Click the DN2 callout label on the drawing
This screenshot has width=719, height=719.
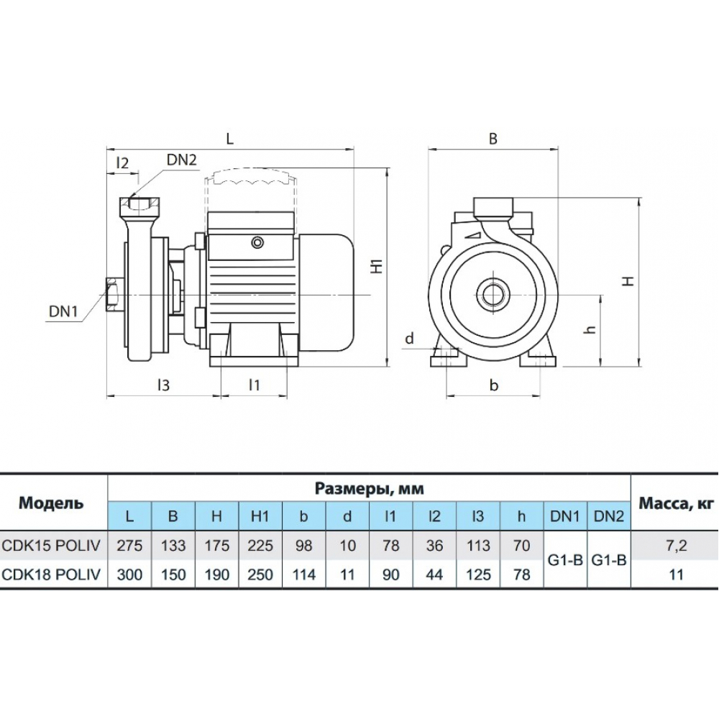click(x=182, y=160)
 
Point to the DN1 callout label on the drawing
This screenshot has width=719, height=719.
click(x=64, y=311)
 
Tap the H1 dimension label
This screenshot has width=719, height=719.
click(x=375, y=267)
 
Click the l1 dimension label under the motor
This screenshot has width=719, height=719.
click(x=253, y=385)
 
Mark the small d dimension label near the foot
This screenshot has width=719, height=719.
click(x=409, y=337)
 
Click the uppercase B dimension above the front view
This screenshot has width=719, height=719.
click(x=493, y=139)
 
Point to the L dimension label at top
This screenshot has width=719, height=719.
click(x=229, y=139)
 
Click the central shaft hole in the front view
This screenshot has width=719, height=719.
click(x=493, y=294)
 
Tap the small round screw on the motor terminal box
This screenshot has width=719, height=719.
click(x=257, y=243)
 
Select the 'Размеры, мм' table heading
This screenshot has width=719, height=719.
click(x=369, y=489)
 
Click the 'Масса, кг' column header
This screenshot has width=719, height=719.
click(x=674, y=503)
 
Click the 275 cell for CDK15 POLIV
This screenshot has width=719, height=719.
click(x=129, y=546)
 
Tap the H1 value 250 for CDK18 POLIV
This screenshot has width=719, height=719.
click(x=260, y=574)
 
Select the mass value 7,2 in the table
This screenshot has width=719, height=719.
click(x=674, y=546)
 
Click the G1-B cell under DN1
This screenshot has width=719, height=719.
click(x=565, y=560)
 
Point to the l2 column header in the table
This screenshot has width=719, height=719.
click(x=434, y=517)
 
